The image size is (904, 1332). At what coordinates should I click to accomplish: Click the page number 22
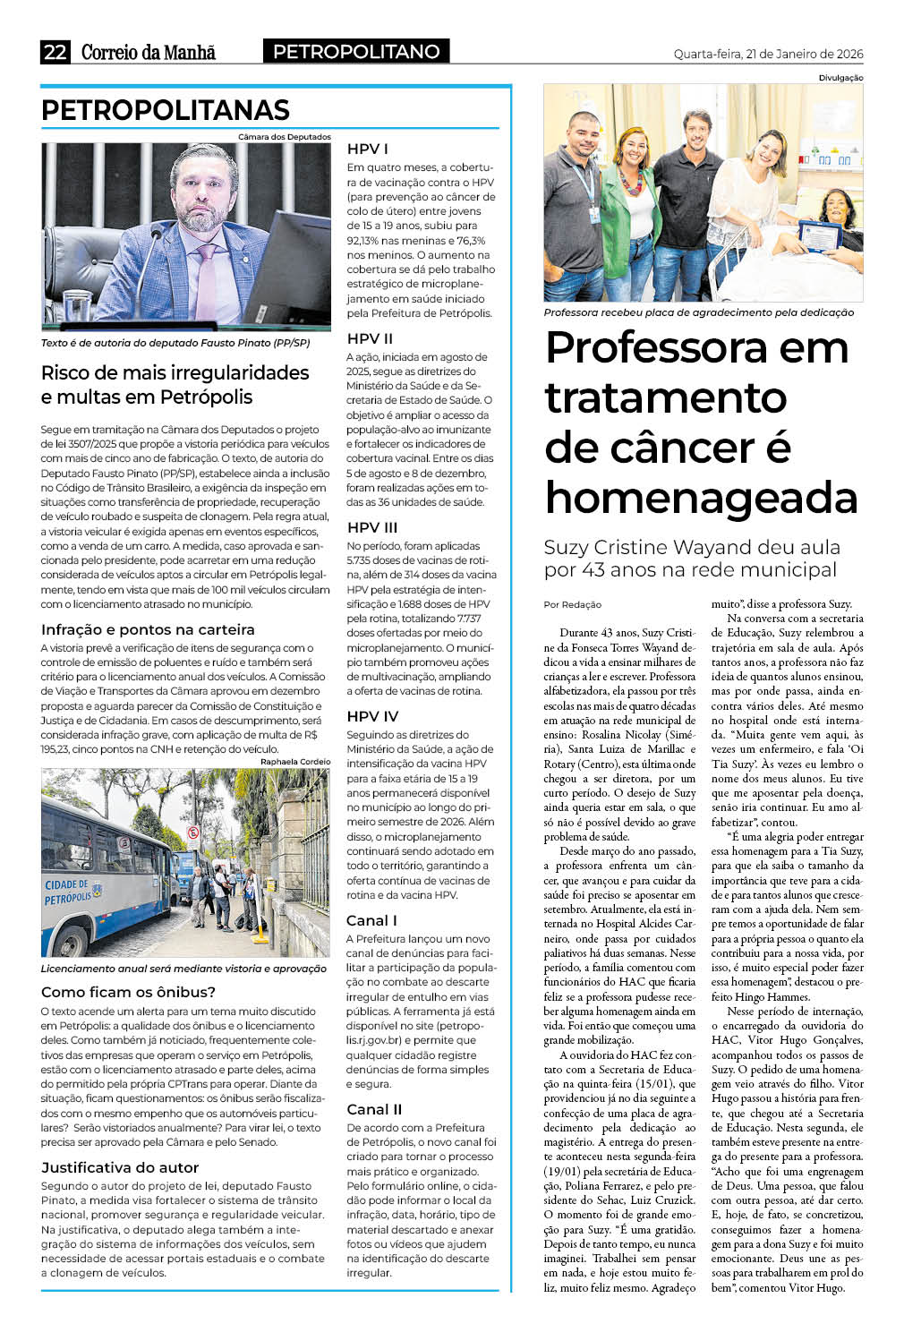tap(55, 52)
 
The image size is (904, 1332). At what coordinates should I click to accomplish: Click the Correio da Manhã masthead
tap(149, 52)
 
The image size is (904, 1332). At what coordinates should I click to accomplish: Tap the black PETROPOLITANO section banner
tap(356, 52)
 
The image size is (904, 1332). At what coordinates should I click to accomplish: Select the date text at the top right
tap(768, 54)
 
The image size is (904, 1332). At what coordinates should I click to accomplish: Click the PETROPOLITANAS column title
tap(166, 110)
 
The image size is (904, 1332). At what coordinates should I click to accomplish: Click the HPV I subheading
tap(367, 149)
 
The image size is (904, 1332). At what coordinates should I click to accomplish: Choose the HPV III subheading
tap(372, 527)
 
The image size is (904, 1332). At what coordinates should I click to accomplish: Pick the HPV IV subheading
tap(372, 716)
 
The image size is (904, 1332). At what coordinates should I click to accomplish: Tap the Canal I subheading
tap(371, 920)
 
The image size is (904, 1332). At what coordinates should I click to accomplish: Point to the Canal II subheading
tap(374, 1109)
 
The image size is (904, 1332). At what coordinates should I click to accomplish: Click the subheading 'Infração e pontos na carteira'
tap(148, 629)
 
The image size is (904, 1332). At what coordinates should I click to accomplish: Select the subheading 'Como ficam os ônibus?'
tap(128, 992)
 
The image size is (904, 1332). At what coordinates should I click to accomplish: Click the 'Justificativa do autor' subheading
tap(120, 1167)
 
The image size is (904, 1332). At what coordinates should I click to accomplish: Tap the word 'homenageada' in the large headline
tap(701, 498)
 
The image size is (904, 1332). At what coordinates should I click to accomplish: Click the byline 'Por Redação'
tap(573, 604)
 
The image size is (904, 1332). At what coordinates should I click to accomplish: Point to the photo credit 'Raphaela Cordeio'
tap(295, 762)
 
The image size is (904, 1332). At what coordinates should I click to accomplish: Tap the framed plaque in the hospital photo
tap(819, 238)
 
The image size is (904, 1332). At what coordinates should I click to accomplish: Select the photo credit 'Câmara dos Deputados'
tap(285, 137)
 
